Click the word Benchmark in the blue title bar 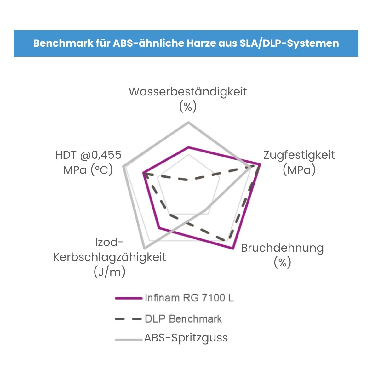click(x=63, y=43)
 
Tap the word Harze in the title click(x=201, y=43)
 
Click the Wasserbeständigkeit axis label click(x=188, y=92)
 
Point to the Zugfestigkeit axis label click(x=299, y=155)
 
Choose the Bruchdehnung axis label click(x=282, y=248)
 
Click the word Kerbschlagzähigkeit click(x=110, y=257)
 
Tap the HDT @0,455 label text click(x=88, y=155)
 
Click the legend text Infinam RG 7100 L click(x=189, y=298)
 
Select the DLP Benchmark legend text click(x=183, y=319)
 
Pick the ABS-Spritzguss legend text click(x=186, y=338)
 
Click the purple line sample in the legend click(x=129, y=298)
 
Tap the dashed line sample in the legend click(x=129, y=319)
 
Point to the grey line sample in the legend click(x=129, y=340)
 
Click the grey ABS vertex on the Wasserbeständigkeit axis click(x=188, y=123)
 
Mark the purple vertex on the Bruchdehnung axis click(x=233, y=248)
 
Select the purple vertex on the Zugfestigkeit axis click(x=260, y=164)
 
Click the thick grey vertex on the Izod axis click(x=144, y=248)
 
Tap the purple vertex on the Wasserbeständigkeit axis click(x=188, y=147)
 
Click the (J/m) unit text click(x=110, y=272)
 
